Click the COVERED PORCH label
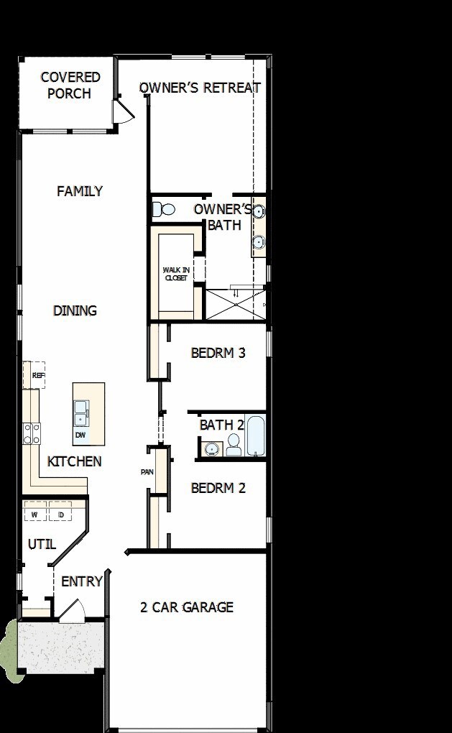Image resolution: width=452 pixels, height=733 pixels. pos(70,85)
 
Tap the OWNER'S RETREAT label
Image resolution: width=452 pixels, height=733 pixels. pos(200,88)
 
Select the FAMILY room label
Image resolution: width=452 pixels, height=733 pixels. pos(80,191)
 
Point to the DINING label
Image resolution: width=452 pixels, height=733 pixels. pos(75,310)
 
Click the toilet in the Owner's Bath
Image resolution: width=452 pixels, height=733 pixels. pos(165,210)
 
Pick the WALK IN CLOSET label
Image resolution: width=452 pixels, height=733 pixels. pos(175,273)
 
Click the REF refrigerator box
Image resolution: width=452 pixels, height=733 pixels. pos(34,375)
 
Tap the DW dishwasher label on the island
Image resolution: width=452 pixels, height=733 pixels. pos(80,435)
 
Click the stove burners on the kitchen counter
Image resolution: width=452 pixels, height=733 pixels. pos(32,433)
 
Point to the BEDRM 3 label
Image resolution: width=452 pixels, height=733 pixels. pos(218,353)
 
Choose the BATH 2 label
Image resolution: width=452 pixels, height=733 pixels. pos(222,425)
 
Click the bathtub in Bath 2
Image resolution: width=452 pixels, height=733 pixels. pos(256,435)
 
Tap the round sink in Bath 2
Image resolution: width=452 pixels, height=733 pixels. pos(211,449)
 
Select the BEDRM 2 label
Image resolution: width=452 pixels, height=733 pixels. pos(218,488)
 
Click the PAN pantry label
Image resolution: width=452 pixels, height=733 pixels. pos(147,472)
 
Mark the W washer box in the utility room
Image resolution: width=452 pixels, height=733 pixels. pos(34,515)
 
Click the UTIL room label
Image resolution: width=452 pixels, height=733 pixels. pos(42,544)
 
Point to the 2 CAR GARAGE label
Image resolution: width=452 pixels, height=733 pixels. pos(187,607)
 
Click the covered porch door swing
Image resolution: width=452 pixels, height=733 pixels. pos(122,112)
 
